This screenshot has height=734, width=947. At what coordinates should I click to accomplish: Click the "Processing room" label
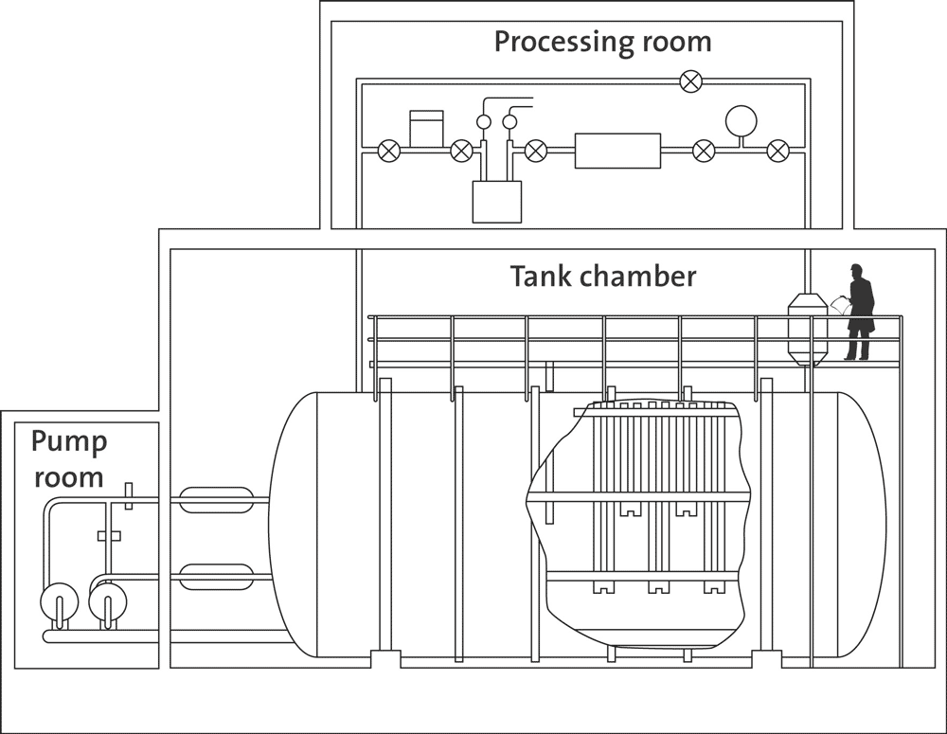[x=602, y=43]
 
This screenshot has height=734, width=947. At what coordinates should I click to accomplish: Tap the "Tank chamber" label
[x=603, y=277]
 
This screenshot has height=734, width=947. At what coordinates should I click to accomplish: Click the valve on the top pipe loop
[x=691, y=81]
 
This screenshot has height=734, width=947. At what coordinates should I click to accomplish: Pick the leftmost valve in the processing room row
[x=389, y=151]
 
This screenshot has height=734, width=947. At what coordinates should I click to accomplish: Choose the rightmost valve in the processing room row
[x=777, y=151]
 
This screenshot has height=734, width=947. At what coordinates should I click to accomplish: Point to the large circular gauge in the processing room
[x=742, y=121]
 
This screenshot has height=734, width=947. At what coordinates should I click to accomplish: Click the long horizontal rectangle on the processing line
[x=617, y=151]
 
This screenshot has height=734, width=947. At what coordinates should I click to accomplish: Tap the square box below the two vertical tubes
[x=496, y=202]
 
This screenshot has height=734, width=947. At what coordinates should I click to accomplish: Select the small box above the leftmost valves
[x=426, y=128]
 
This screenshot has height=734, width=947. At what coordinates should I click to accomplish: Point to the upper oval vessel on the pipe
[x=216, y=500]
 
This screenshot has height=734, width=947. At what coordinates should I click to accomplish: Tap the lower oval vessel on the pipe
[x=216, y=577]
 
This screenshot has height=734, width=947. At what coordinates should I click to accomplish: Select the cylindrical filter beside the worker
[x=808, y=330]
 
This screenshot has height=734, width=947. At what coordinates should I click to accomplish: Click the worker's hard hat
[x=855, y=267]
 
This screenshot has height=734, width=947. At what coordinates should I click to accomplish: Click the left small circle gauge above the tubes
[x=484, y=122]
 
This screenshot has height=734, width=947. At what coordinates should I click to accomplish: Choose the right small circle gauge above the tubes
[x=509, y=122]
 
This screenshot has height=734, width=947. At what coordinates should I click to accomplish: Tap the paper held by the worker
[x=839, y=305]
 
